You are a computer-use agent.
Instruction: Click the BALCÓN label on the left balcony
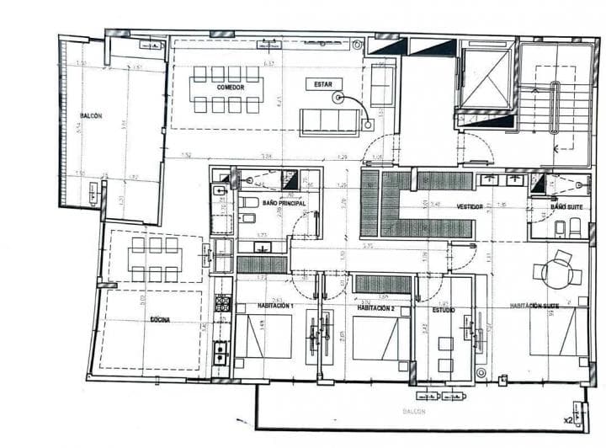[91, 116]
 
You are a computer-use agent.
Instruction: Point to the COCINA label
[161, 321]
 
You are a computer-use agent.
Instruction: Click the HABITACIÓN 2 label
[378, 308]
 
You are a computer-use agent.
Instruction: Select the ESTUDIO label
[444, 310]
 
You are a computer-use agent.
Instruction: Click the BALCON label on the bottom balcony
[413, 411]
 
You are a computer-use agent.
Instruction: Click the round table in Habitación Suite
[556, 272]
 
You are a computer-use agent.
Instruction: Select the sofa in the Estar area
[329, 122]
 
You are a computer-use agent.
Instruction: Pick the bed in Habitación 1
[264, 337]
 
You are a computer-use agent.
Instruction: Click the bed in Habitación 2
[380, 338]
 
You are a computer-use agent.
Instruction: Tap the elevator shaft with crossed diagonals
[486, 81]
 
